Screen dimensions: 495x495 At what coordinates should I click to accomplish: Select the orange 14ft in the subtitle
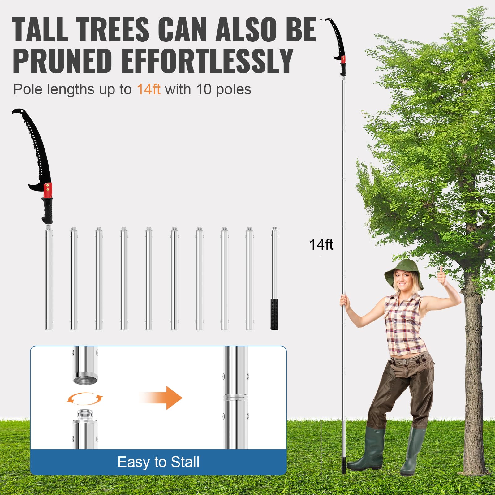point(148,89)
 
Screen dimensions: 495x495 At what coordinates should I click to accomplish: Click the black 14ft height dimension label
point(321,244)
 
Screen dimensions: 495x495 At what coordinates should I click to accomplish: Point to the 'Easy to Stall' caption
point(158,462)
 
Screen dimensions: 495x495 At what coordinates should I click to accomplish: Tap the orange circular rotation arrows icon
point(85,399)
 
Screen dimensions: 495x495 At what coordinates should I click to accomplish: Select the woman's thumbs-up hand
point(442,276)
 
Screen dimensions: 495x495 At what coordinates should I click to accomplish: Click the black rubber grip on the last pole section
point(274,314)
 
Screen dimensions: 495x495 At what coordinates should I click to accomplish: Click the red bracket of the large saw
point(48,190)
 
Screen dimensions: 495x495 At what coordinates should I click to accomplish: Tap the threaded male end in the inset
point(85,414)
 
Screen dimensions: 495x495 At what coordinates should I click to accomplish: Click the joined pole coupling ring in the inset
point(235,397)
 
